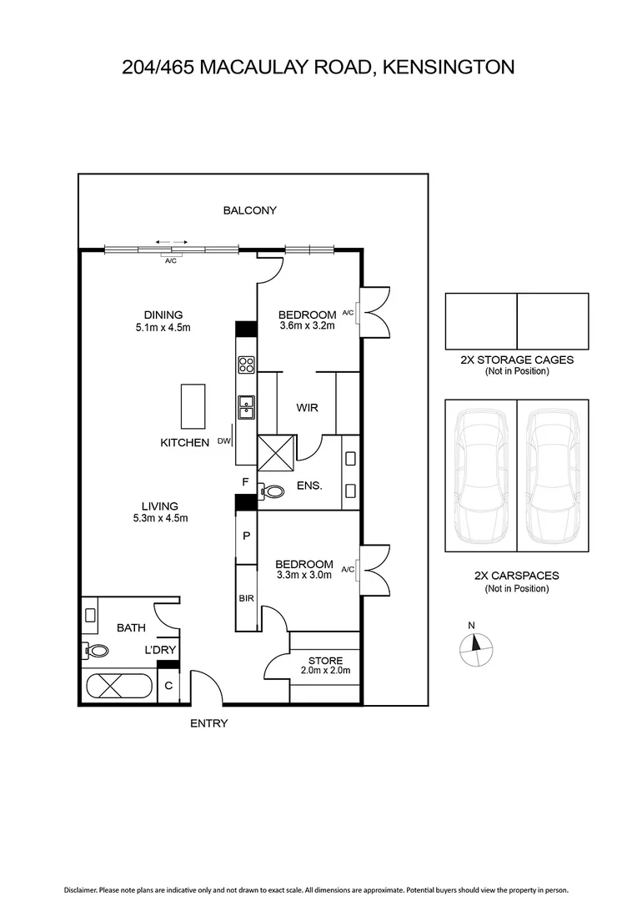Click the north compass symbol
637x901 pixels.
click(477, 646)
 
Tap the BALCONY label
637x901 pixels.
click(249, 211)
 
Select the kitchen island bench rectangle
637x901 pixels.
click(193, 405)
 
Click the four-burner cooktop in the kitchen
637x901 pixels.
click(246, 365)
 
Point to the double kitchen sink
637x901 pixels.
click(246, 406)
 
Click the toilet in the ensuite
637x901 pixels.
click(272, 492)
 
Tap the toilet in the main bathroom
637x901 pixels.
click(97, 652)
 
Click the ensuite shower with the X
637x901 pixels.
click(275, 451)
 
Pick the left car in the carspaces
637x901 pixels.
click(480, 476)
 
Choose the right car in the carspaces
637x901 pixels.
click(553, 476)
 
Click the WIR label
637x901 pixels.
click(308, 408)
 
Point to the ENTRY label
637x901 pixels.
click(208, 724)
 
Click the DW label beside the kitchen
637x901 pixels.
click(223, 442)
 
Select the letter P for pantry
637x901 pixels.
click(246, 536)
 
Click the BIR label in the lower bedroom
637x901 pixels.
click(245, 597)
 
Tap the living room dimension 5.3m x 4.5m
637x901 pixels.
click(159, 518)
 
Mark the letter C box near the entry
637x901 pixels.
click(168, 687)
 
